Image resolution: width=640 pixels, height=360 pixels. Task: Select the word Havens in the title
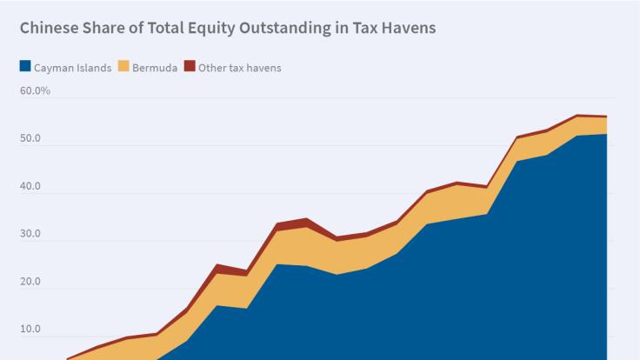coord(405,28)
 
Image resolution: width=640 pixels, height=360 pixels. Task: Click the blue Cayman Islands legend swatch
coord(25,67)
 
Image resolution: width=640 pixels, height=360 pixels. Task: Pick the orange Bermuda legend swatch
coord(123,67)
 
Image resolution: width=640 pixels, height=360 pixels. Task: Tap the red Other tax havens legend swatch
coord(190,67)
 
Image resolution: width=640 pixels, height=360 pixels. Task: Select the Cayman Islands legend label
coord(72,68)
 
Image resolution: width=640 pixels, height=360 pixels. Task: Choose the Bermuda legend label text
coord(155,68)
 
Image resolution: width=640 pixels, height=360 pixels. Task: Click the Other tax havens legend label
coord(240,68)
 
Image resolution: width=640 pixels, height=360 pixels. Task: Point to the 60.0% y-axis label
coord(36,91)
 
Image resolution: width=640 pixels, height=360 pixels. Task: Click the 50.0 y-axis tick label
coord(30,139)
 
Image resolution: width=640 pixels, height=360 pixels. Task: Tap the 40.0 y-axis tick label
coord(30,187)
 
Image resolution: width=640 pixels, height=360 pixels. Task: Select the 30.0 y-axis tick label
coord(30,235)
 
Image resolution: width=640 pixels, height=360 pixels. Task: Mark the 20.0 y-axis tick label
coord(30,283)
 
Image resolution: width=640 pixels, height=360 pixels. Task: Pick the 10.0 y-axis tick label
coord(30,330)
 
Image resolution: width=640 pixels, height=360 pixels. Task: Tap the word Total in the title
coord(157,28)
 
